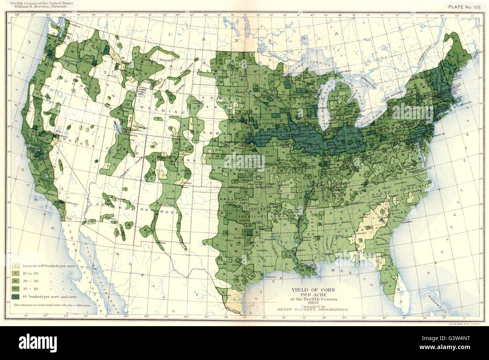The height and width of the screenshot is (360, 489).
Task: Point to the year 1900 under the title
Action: (x=313, y=303)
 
